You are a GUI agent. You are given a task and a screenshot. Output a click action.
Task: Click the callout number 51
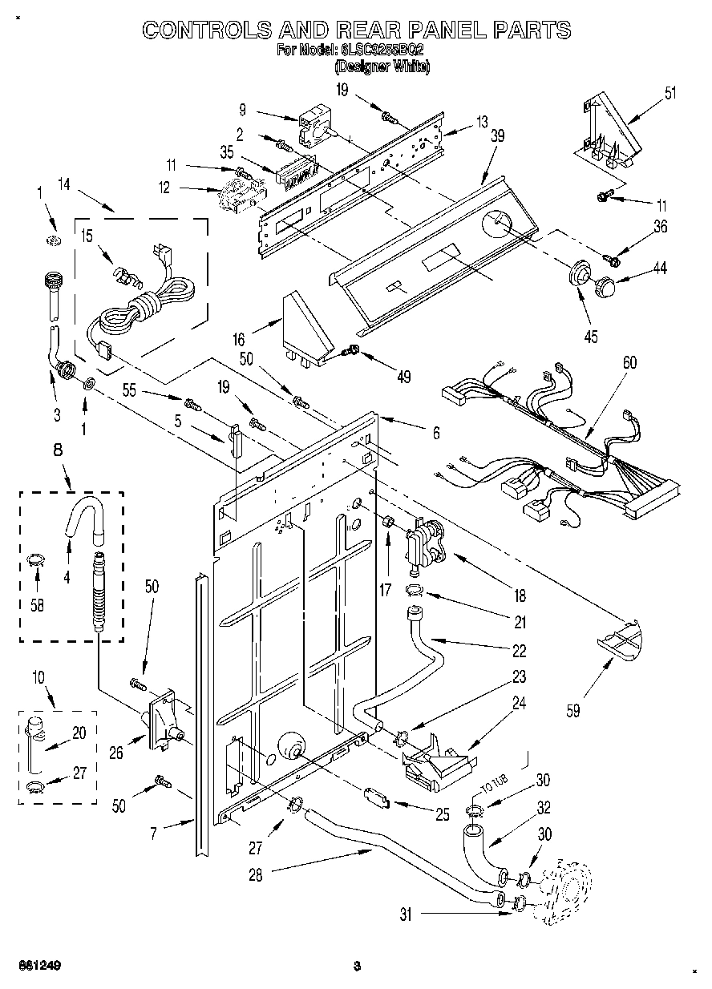pos(670,92)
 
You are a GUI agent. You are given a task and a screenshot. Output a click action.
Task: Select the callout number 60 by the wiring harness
pos(630,363)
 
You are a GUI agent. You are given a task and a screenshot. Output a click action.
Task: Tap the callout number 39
pos(497,136)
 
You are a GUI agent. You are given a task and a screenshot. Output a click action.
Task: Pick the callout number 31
pos(406,914)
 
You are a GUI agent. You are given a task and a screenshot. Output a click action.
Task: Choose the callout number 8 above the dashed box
pos(58,450)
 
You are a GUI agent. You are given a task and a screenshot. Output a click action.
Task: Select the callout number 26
pos(116,752)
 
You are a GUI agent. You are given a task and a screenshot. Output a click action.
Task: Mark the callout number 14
pos(64,187)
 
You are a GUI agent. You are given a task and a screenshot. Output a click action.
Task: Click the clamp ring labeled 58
pos(34,560)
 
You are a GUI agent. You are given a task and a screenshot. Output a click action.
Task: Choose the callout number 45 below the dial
pos(591,337)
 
